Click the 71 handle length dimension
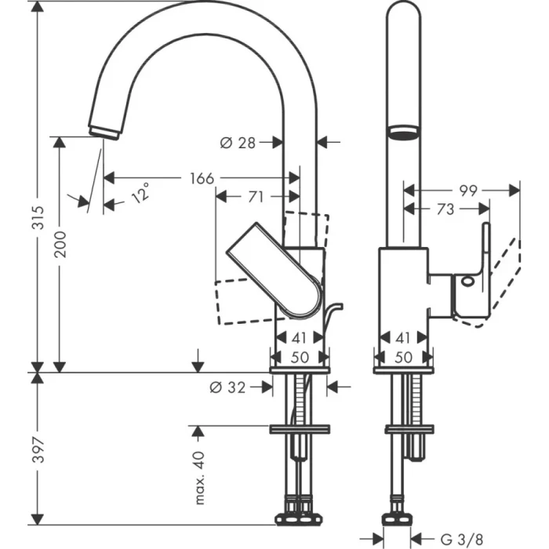[x=256, y=197]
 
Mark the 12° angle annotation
[x=139, y=192]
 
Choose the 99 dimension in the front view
[x=468, y=190]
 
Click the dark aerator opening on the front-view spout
[x=403, y=132]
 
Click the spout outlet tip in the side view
[x=104, y=131]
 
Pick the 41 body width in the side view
[x=298, y=340]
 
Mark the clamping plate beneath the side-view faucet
[x=299, y=429]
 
